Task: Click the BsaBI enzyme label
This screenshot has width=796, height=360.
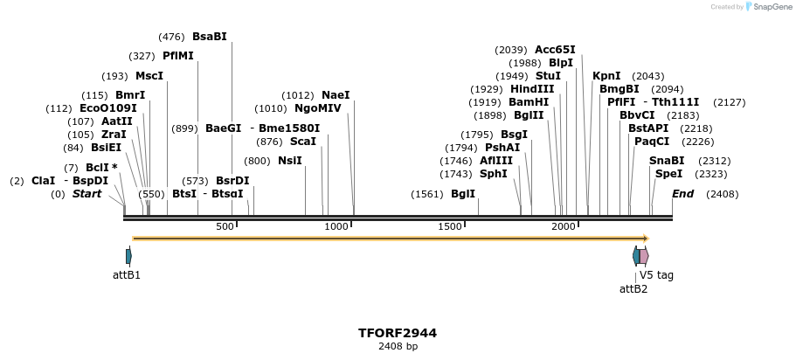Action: coord(209,37)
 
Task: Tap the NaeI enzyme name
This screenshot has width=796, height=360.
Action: coord(336,95)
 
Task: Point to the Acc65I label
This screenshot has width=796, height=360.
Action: coord(555,50)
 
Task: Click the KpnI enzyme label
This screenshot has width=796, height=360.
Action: coord(606,76)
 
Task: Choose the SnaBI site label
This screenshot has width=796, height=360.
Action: coord(667,161)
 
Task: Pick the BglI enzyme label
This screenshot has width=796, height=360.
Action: coord(463,194)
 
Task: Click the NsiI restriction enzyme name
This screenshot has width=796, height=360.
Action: coord(290,161)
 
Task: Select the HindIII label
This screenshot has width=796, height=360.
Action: coord(532,89)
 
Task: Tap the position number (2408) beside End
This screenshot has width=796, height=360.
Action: coord(723,194)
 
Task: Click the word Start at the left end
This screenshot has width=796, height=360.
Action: coord(87,194)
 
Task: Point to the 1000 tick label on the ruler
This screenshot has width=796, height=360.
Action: coord(336,227)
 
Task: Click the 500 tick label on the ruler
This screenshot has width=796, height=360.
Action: coord(225,227)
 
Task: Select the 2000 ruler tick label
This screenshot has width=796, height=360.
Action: coord(564,227)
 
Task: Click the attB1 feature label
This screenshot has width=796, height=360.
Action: coord(127,274)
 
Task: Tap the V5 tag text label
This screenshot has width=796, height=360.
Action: coord(656,274)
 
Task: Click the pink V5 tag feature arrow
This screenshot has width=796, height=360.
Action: coord(644,256)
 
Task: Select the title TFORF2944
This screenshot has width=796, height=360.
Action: coord(398,333)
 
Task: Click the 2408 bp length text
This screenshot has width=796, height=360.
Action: coord(398,347)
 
